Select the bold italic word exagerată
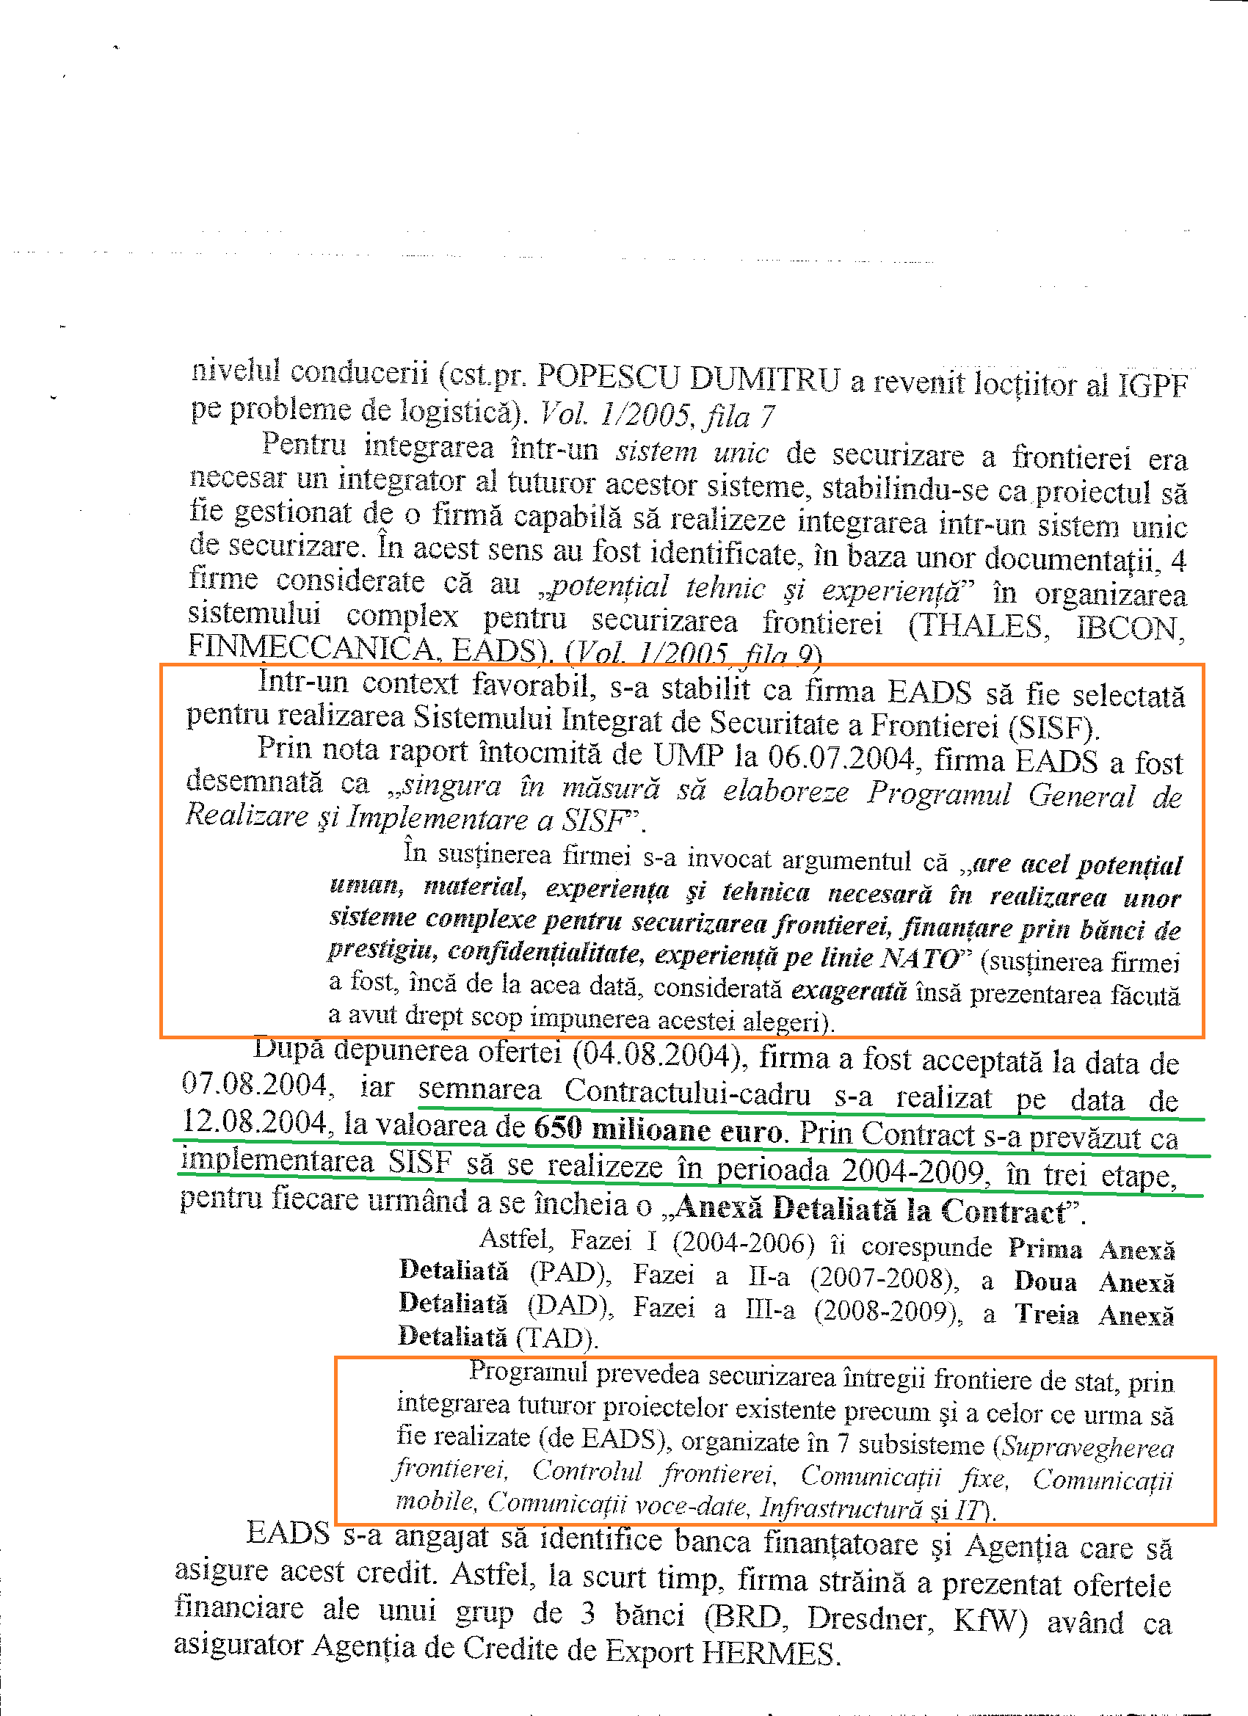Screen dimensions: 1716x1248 pos(849,990)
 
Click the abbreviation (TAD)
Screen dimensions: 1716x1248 pos(556,1339)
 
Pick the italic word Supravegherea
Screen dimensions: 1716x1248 pos(1086,1448)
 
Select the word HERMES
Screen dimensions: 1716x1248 pos(769,1654)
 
